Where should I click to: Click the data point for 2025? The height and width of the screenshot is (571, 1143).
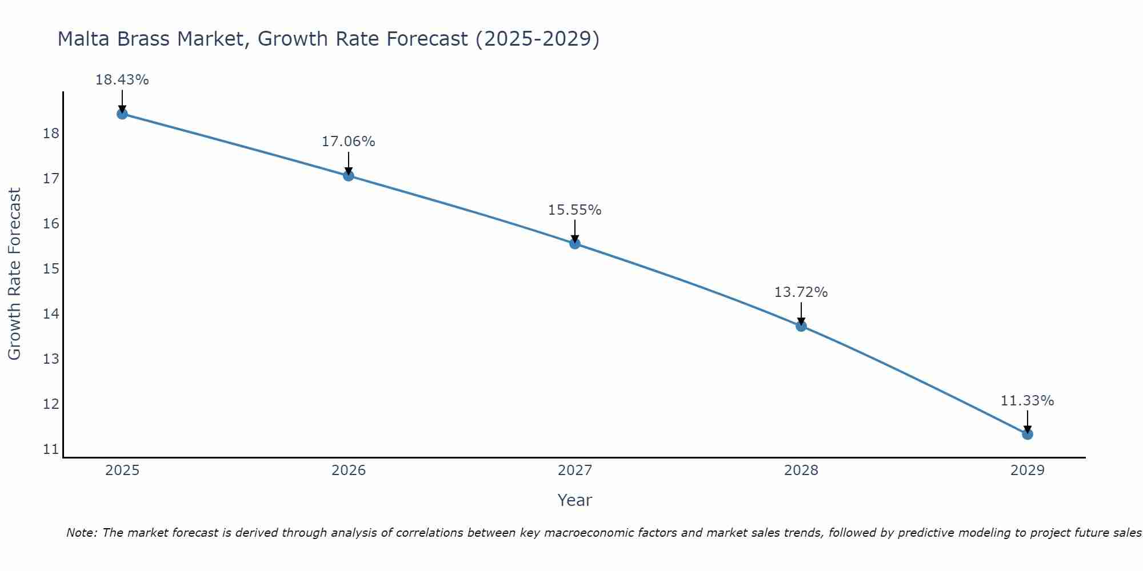(x=122, y=114)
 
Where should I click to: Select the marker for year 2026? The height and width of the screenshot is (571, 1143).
(x=348, y=175)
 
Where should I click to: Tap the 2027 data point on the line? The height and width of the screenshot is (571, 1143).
(x=574, y=244)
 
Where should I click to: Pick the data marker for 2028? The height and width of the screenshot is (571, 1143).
(x=801, y=326)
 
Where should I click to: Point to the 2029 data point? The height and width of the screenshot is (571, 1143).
(x=1027, y=434)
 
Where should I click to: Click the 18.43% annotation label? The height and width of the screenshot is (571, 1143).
(x=122, y=80)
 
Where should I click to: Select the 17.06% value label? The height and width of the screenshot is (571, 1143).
(x=348, y=142)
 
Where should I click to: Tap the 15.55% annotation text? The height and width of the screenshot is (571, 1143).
(x=574, y=210)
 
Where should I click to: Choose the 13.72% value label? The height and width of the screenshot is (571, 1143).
(x=801, y=292)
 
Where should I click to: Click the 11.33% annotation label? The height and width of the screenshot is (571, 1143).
(x=1027, y=401)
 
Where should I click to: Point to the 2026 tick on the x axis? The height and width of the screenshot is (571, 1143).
(x=349, y=471)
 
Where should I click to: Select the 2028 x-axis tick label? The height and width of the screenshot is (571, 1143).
(x=801, y=471)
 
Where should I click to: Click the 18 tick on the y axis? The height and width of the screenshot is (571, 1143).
(x=51, y=134)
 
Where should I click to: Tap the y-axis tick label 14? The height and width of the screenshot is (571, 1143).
(x=51, y=313)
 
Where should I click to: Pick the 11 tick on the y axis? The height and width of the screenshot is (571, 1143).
(x=51, y=449)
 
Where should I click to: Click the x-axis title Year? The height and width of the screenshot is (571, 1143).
(x=574, y=500)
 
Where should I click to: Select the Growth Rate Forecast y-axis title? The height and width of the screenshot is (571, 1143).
(x=14, y=274)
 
